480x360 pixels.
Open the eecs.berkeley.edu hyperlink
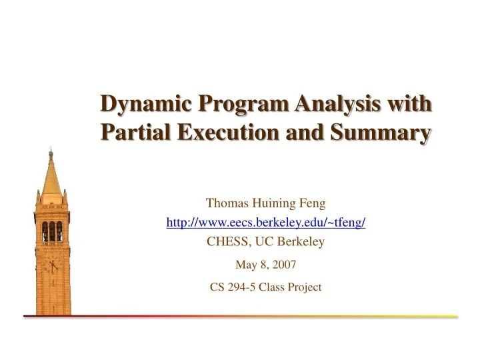coord(265,223)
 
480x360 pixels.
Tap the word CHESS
coord(225,242)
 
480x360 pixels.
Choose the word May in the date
coord(245,265)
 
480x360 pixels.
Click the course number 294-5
coord(244,287)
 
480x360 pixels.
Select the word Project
coord(303,287)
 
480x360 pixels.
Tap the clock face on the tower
coord(52,267)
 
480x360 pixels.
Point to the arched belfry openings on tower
coord(51,231)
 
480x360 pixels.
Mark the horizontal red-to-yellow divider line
coord(240,316)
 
